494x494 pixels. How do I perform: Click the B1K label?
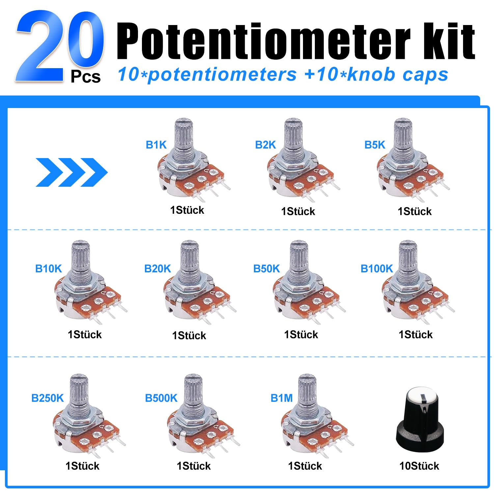pos(156,145)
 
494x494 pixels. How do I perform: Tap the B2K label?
pos(265,145)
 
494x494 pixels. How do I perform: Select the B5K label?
pos(375,145)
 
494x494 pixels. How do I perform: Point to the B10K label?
pos(48,269)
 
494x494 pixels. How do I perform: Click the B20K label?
pos(158,269)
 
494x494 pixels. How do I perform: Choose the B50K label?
pos(266,269)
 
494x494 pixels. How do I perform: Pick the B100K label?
pos(377,269)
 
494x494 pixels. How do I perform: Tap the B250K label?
pos(47,398)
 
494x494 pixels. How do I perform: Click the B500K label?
pos(161,398)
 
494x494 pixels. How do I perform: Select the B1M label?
pos(282,398)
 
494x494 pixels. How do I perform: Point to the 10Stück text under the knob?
pos(419,466)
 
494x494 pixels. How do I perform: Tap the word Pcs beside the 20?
pos(86,77)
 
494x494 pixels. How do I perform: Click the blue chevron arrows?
pos(71,172)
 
